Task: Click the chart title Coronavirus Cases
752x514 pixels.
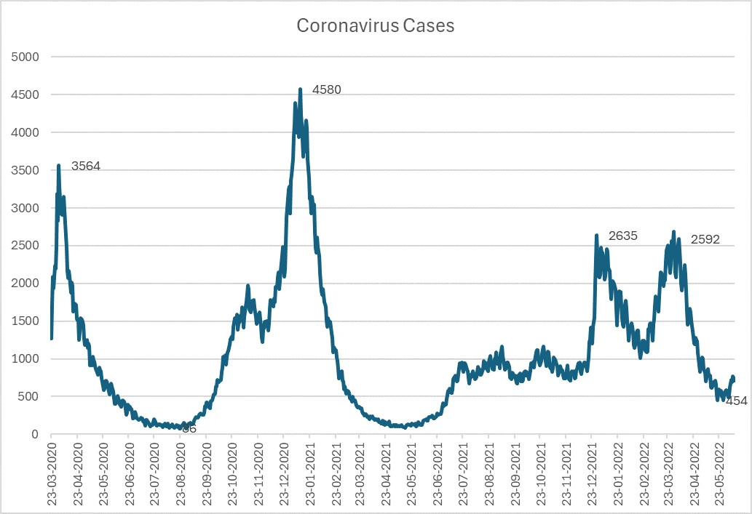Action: coord(375,26)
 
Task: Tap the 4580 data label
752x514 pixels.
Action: coord(327,90)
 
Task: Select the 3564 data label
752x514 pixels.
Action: coord(86,166)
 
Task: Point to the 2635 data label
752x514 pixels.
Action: coord(623,236)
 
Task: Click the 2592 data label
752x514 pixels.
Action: coord(705,239)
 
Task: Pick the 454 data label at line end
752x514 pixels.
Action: coord(737,401)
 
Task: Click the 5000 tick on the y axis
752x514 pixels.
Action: coord(25,57)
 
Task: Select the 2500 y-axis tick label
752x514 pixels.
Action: coord(25,246)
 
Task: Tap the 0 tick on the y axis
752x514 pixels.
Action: coord(35,435)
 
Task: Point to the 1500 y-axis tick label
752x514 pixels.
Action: coord(25,321)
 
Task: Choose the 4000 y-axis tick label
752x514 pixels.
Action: coord(25,132)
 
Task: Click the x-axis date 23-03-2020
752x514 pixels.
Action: coord(52,471)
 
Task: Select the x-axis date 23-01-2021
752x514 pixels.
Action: coord(309,471)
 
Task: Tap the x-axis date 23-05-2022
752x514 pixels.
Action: coord(719,471)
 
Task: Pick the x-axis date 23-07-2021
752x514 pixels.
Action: coord(462,471)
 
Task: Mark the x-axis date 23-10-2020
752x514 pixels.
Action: coord(232,471)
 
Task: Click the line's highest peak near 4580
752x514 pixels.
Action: coord(301,89)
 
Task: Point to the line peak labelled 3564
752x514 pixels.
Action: coord(59,166)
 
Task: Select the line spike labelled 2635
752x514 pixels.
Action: coord(596,236)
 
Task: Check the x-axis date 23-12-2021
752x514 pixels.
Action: coord(591,471)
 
